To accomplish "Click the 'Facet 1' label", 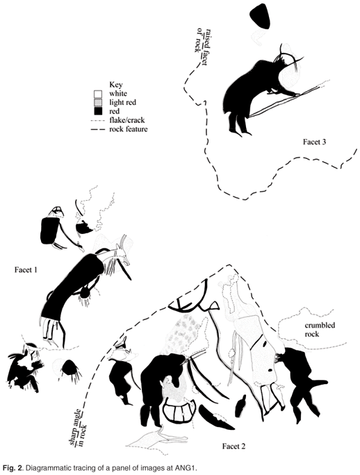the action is point(26,269).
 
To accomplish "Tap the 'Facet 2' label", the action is point(234,447).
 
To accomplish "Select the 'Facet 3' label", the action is point(315,142).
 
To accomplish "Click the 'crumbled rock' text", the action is point(320,330).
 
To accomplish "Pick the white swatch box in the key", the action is point(98,94).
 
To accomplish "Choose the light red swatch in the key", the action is point(98,103).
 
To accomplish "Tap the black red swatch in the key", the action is point(98,112).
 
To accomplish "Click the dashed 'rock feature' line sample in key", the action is point(98,129).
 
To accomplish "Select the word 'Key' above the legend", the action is point(116,85).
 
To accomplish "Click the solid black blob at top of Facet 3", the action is point(260,17).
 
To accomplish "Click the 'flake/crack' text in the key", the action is point(126,120).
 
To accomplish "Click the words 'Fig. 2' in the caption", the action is point(12,467).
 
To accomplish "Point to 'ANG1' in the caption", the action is point(188,467).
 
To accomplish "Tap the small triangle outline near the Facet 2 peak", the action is point(214,306).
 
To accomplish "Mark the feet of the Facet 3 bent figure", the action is point(240,132).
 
